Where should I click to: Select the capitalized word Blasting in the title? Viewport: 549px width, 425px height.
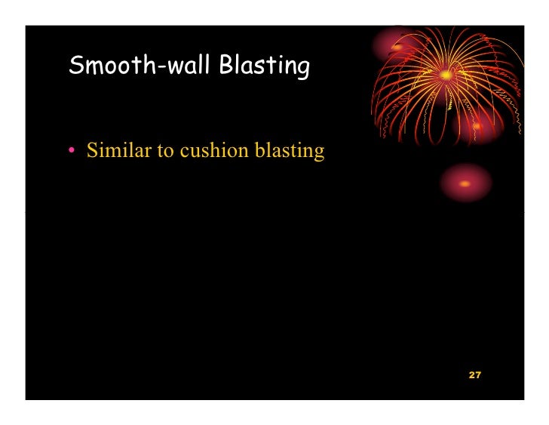(x=264, y=67)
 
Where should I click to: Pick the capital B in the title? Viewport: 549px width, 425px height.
(x=226, y=66)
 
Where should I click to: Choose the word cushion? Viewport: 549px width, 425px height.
(x=213, y=150)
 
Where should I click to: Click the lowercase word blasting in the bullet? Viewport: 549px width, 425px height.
(x=290, y=151)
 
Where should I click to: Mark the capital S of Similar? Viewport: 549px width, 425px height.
(x=92, y=150)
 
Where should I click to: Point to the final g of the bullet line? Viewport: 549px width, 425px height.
(x=319, y=153)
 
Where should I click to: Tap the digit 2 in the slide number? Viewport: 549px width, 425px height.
(x=471, y=375)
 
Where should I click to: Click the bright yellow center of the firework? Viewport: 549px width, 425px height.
(x=446, y=75)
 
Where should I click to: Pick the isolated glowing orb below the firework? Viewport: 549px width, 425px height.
(x=465, y=183)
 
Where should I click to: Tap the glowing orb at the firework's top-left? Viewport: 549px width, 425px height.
(x=397, y=46)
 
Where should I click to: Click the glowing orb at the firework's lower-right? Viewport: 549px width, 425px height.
(x=477, y=125)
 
